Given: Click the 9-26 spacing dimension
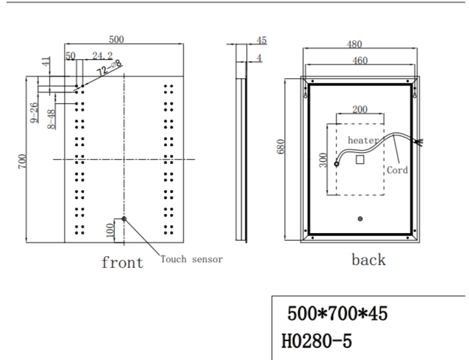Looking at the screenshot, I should pos(34,113).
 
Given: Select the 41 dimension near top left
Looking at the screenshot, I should pos(45,63).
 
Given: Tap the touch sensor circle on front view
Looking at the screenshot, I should pos(123,219).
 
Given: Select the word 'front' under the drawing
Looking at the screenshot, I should pos(122,262).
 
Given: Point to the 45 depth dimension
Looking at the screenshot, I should pos(261,41).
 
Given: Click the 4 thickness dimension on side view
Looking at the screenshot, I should pos(259,58).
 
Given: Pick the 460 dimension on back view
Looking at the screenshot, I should pos(360,60).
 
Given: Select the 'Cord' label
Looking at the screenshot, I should pos(398,170).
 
